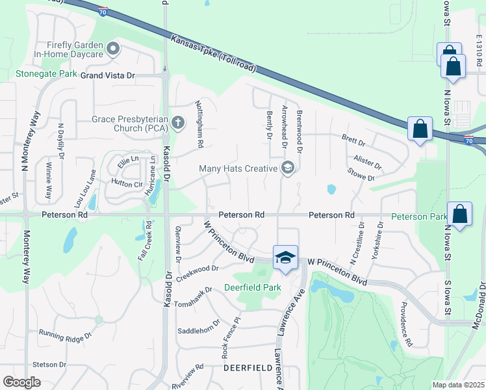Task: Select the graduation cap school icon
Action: point(284,257)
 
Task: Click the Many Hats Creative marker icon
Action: point(287,168)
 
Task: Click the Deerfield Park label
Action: point(252,287)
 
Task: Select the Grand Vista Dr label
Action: point(107,75)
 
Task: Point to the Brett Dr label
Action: point(353,140)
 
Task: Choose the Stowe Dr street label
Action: point(361,174)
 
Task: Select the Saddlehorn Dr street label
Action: point(199,328)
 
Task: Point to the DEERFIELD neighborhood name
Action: point(246,367)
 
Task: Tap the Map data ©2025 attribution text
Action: point(457,385)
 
